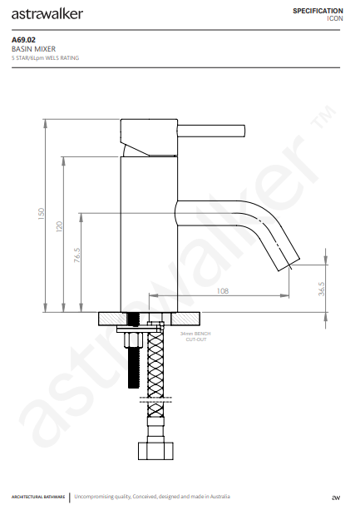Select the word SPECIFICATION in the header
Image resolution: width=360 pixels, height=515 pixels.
coord(318,9)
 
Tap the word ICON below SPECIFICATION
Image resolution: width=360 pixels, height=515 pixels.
coord(334,17)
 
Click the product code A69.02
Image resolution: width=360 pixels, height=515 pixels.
coord(22,39)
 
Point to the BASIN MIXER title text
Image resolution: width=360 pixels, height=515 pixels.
coord(32,49)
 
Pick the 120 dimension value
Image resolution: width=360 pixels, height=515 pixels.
coord(59,226)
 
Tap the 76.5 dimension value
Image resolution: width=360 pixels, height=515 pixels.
coord(76,255)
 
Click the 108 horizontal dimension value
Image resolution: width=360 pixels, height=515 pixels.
coord(223,291)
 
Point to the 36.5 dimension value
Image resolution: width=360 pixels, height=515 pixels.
coord(321,289)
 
